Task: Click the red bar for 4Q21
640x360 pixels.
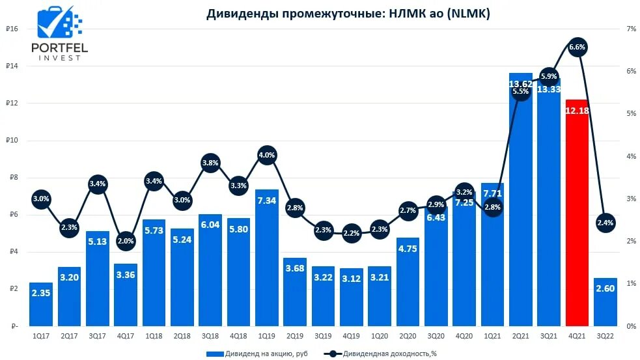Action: coord(577,215)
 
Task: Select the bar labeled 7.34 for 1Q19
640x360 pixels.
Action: coord(266,260)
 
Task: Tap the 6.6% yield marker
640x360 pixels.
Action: coord(577,47)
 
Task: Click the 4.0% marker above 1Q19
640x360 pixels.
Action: coord(266,155)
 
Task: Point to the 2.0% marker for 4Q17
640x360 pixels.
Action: coord(126,241)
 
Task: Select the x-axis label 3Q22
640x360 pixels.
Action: coord(605,336)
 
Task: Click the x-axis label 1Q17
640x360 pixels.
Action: coord(40,336)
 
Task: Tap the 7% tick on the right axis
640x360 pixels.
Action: coord(631,29)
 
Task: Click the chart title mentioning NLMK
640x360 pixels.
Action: coord(348,13)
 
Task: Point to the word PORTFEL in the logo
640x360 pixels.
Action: coord(59,48)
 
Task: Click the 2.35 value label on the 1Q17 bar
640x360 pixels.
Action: coord(40,294)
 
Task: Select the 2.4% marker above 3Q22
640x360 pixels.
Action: coord(605,223)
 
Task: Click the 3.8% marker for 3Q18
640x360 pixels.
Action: coord(210,163)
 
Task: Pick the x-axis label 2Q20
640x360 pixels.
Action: coord(407,336)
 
